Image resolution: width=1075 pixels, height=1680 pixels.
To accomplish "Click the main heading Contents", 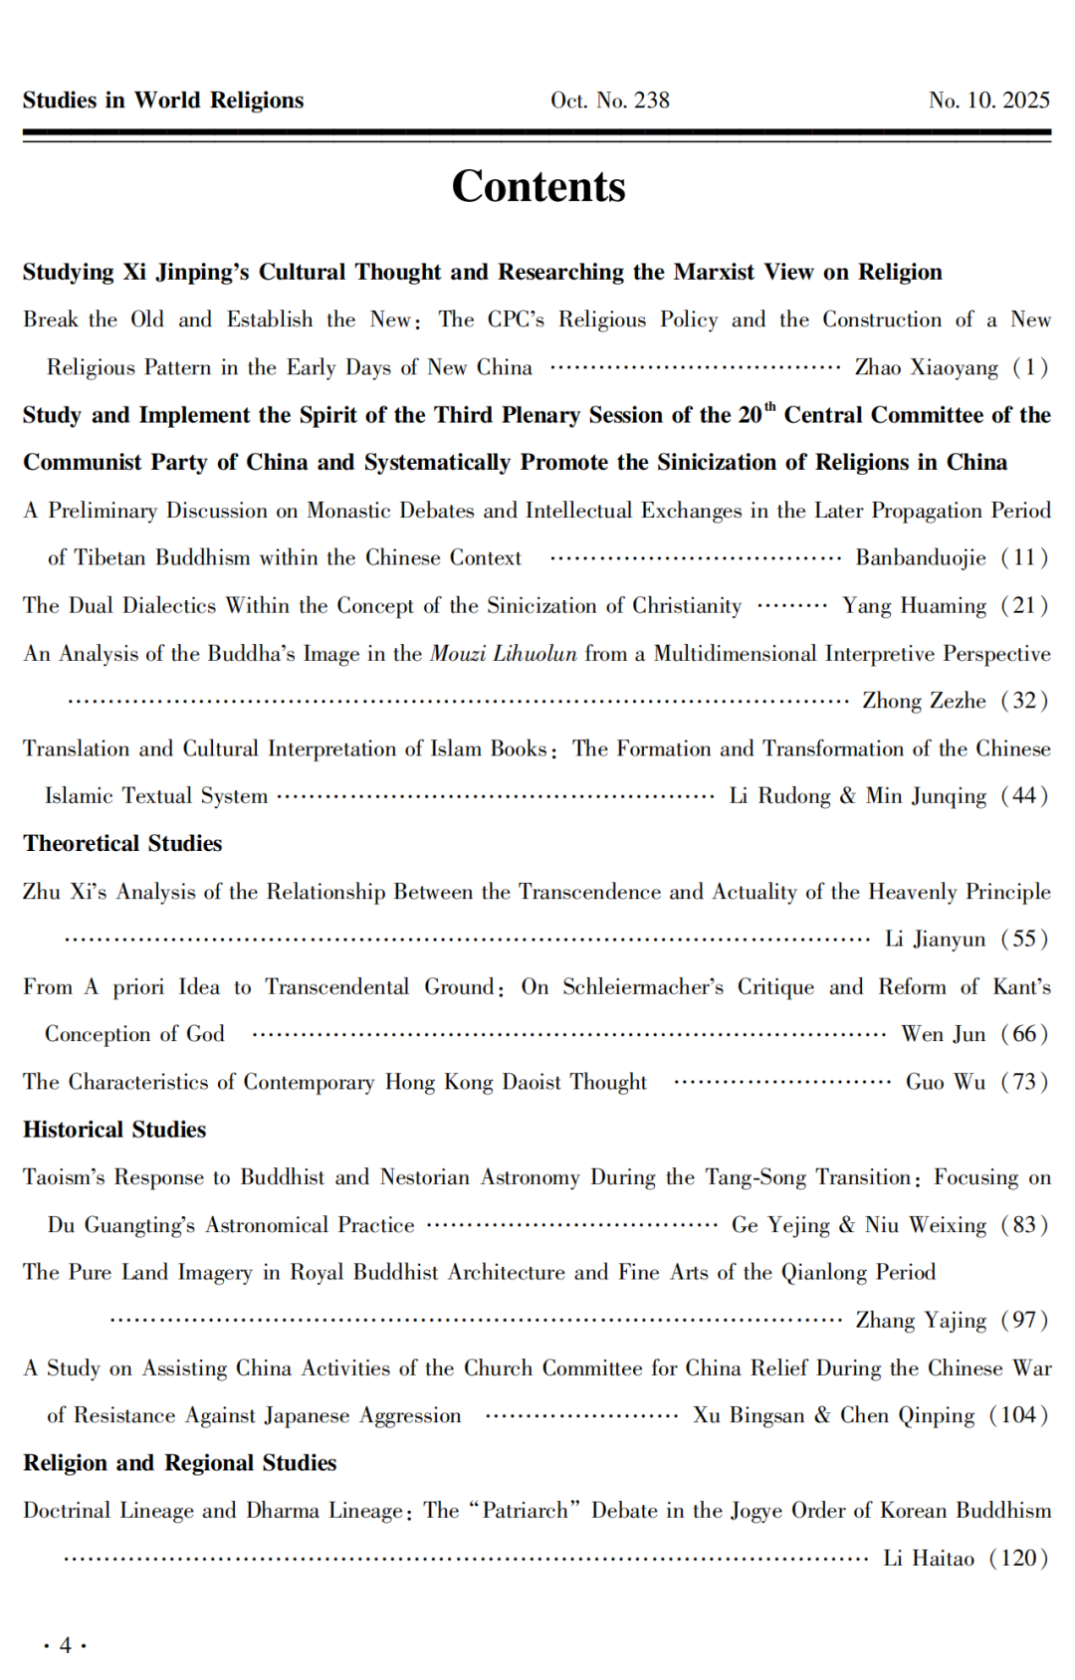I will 538,187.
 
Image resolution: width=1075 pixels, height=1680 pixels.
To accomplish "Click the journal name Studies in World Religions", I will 163,101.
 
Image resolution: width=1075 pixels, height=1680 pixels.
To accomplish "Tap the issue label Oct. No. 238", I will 609,101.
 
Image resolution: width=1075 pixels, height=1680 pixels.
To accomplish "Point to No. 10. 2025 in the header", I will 988,101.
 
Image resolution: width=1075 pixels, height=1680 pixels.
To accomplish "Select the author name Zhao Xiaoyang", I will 926,367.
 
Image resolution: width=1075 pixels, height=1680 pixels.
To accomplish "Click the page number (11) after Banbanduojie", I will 1024,557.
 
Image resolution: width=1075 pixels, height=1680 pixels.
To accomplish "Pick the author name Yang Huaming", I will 914,605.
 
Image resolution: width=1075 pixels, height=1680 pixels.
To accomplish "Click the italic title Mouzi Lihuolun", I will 503,653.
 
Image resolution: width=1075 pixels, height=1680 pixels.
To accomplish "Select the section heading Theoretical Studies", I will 122,843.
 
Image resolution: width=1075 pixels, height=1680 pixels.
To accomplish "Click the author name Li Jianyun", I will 935,939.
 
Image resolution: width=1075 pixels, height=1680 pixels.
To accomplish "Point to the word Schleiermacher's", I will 643,986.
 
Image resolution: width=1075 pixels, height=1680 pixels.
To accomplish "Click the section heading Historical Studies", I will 114,1130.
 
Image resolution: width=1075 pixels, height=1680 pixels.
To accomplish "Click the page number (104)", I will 1018,1415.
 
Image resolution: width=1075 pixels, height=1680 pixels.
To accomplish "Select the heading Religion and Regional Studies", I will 180,1463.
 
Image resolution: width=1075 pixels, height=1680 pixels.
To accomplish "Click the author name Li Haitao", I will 928,1559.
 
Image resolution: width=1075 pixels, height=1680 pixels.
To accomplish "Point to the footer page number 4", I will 66,1645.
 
